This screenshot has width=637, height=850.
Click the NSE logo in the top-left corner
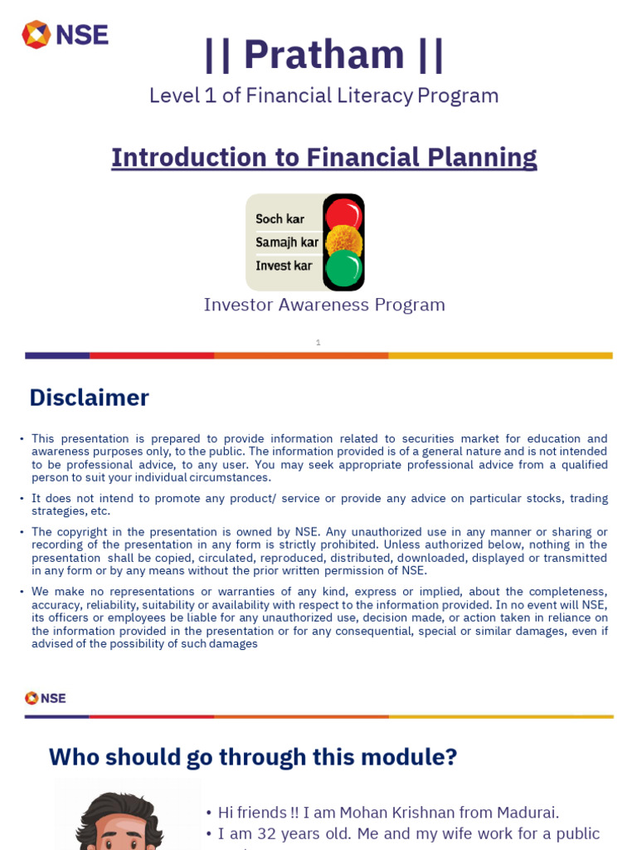[x=65, y=35]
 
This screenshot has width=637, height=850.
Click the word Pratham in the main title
[x=323, y=55]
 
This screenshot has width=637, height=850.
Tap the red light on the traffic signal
[x=343, y=215]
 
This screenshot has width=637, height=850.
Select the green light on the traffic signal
[x=343, y=268]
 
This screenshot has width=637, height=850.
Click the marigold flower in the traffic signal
[x=343, y=242]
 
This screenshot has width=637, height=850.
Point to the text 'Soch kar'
[x=280, y=219]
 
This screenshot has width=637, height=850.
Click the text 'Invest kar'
[x=284, y=266]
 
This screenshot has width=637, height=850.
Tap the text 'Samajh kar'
[x=287, y=242]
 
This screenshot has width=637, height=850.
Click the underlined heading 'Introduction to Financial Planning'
[x=323, y=158]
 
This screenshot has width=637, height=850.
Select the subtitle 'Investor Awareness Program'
[x=324, y=305]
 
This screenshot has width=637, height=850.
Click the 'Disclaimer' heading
[x=89, y=398]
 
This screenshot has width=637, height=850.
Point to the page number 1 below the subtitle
[x=318, y=342]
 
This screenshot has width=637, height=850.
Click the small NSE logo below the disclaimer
[x=46, y=698]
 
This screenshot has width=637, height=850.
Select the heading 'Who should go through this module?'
[x=253, y=757]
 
